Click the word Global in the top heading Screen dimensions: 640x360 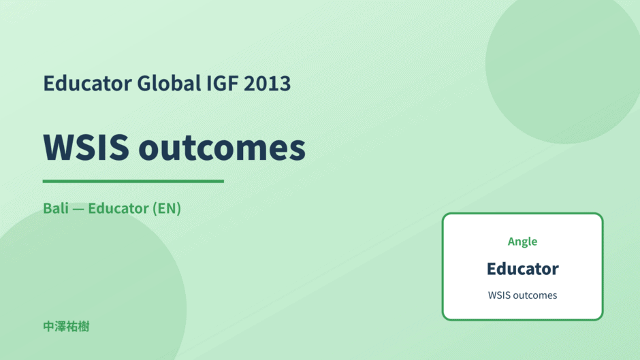pos(169,83)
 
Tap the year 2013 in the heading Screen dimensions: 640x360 pos(267,84)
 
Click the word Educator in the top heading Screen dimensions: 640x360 pos(87,83)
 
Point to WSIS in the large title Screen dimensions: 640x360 pos(86,147)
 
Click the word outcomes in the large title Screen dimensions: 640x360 pos(222,148)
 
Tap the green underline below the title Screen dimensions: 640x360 pos(133,181)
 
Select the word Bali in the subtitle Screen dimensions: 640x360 pos(56,208)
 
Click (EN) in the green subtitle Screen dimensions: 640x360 pos(167,208)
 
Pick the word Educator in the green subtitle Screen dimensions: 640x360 pos(118,208)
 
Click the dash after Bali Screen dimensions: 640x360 pos(78,209)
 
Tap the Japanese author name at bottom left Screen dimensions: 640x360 pos(66,327)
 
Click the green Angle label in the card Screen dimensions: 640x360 pos(522,242)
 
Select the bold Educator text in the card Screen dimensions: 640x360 pos(522,269)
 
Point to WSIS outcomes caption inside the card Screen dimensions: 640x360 pos(522,295)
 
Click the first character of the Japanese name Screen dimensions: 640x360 pos(49,327)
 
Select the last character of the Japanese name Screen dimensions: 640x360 pos(84,327)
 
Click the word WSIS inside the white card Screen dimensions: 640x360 pos(499,295)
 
